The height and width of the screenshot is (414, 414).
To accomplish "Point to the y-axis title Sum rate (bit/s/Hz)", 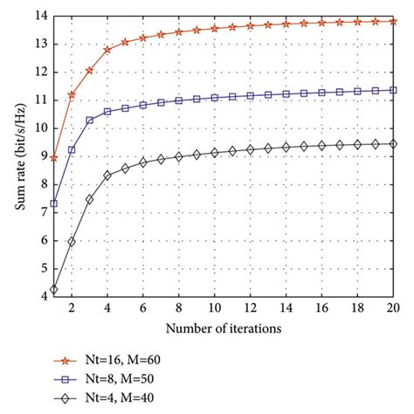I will (x=17, y=156).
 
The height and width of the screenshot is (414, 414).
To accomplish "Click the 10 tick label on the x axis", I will (x=214, y=308).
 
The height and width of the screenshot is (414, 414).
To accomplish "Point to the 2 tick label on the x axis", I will (x=72, y=308).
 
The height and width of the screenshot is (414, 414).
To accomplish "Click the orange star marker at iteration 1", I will (x=54, y=158).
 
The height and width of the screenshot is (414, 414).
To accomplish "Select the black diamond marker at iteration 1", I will (x=54, y=289).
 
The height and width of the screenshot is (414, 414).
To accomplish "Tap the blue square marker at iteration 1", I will (x=54, y=204).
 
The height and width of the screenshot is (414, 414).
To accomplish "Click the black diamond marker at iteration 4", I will (x=107, y=175).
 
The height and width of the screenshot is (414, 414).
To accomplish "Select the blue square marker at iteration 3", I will (x=90, y=120).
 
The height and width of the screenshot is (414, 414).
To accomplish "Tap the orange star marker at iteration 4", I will (x=107, y=50).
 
